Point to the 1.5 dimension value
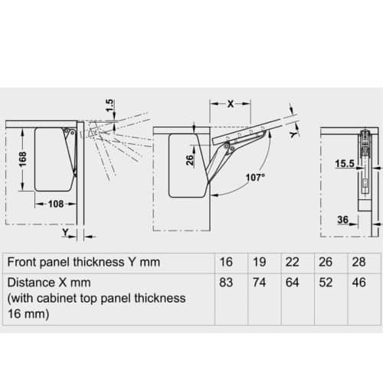110,103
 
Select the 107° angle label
256,177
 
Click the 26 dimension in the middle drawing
188,159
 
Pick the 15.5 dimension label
344,164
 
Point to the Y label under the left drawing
67,230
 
